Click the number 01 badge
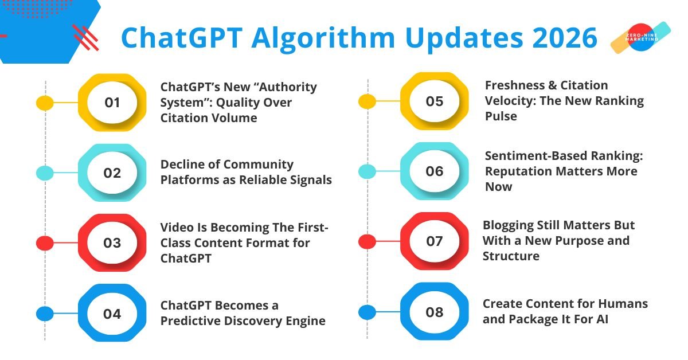112,103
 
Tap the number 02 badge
112,173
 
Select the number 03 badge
112,243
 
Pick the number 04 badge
112,314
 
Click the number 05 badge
435,101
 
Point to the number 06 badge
435,171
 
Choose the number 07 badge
435,241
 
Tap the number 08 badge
435,312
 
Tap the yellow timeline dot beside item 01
45,103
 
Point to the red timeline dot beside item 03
45,243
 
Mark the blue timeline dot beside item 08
367,312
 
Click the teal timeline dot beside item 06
367,171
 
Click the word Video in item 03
177,228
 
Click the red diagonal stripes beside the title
85,37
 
